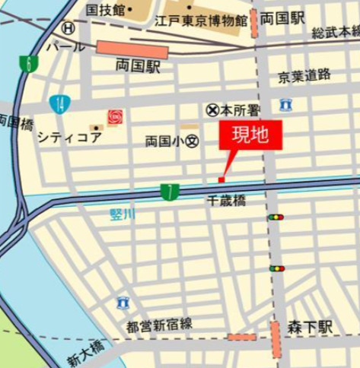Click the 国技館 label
point(104,10)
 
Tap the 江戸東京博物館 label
point(205,19)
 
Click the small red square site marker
point(221,179)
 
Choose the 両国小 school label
point(171,141)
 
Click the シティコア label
point(68,137)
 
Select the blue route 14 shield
point(59,103)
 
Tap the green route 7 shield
point(170,192)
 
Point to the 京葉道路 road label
point(304,75)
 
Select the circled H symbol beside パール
point(68,28)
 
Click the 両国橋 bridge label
point(14,122)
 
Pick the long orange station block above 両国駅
point(132,49)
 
